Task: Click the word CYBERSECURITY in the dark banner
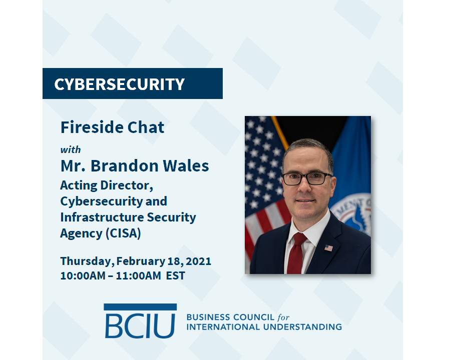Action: tap(120, 84)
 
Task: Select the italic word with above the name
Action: tap(71, 149)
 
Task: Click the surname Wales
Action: tap(186, 165)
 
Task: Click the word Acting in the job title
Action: tap(79, 185)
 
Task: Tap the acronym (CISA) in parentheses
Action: tap(124, 233)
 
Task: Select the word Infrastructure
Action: tap(102, 217)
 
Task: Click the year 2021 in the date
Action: tap(198, 261)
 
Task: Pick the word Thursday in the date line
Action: tap(86, 261)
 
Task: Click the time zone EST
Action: tap(175, 275)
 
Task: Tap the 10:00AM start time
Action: tap(83, 275)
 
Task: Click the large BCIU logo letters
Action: tap(140, 326)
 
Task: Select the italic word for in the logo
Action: tap(283, 317)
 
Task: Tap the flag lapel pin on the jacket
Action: tap(328, 248)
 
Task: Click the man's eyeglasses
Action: tap(307, 178)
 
